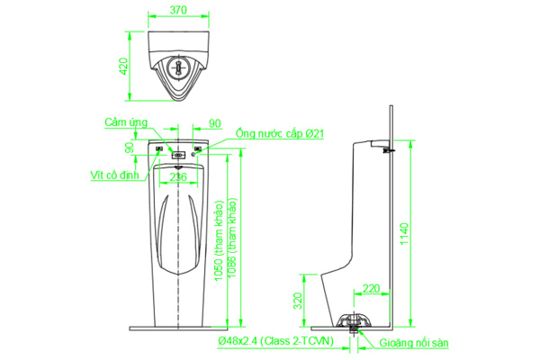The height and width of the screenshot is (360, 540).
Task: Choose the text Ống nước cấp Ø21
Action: [279, 134]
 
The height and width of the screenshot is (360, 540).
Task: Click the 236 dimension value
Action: [179, 177]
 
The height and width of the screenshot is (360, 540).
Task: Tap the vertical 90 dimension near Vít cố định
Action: [130, 147]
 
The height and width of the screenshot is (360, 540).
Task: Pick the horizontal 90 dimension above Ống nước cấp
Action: [214, 123]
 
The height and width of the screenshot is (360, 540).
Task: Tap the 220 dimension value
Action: [370, 289]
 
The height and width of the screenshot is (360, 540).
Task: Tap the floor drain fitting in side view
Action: [356, 323]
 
